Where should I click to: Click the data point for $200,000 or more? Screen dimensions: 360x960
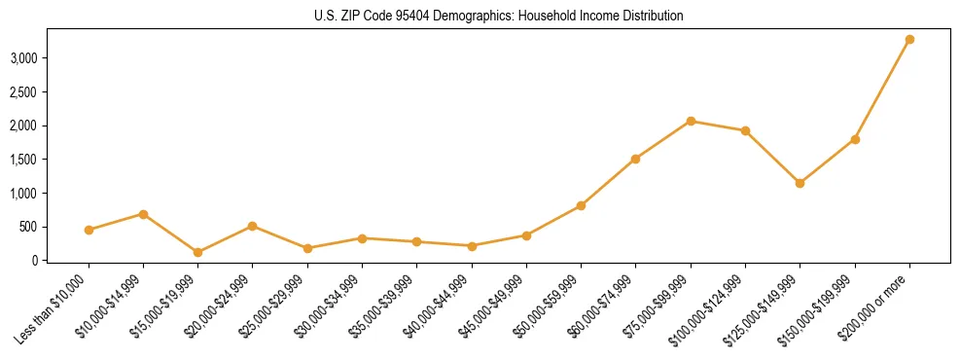coord(909,40)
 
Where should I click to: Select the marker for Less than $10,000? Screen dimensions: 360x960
coord(89,230)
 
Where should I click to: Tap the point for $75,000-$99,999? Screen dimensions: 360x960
coord(691,121)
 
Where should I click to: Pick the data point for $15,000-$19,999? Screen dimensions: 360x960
coord(197,252)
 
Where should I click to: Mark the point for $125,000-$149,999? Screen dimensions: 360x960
coord(800,183)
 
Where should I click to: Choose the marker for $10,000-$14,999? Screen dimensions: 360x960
coord(143,214)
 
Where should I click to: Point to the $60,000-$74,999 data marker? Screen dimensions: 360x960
coord(635,159)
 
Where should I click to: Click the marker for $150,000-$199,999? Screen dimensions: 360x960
coord(855,139)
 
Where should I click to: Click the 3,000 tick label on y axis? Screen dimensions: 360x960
coord(23,58)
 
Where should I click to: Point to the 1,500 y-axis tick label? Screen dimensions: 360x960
coord(23,160)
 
